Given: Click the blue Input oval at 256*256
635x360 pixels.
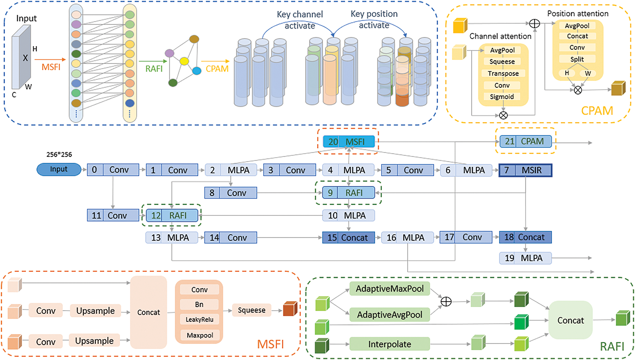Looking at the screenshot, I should coord(59,169).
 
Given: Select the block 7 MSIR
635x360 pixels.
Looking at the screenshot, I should coord(525,170).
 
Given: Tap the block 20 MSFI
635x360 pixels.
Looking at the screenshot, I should coord(349,142).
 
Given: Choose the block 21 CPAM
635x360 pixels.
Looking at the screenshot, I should coord(526,141).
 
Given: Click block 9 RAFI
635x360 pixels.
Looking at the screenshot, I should coord(348,193).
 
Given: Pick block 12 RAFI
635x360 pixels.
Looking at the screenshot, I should coord(172,215).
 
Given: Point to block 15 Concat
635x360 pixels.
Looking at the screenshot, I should coord(348,238).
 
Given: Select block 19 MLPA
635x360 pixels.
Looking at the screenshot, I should coord(525,258).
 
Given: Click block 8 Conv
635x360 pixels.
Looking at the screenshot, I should coord(231,193).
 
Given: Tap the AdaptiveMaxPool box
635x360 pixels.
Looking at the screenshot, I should coord(390,289).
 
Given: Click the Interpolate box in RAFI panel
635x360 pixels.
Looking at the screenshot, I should coord(390,344).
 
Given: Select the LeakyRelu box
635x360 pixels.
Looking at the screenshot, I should coord(199,319).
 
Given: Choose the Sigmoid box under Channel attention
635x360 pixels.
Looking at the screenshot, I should coord(502,97).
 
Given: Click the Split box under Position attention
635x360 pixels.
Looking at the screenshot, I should coord(577,59).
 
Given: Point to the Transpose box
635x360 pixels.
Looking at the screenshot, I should coord(503,73).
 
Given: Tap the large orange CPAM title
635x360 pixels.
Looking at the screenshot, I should coord(597,111).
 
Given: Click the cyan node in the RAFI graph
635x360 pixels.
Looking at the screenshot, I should coord(197,71).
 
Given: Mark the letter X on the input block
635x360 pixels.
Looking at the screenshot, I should coord(25,58).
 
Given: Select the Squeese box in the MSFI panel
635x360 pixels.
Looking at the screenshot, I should coord(252,310).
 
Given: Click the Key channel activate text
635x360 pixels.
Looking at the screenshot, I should coord(300,20).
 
